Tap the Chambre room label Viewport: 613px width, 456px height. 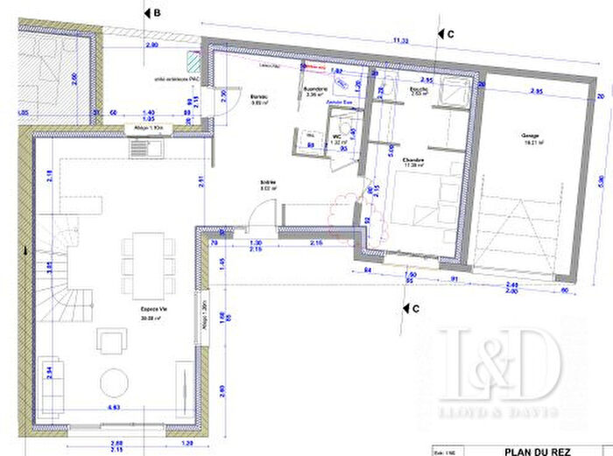click(x=413, y=160)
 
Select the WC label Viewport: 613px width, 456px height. click(x=336, y=137)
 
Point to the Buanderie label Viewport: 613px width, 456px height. click(x=315, y=90)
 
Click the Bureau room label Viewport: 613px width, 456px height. click(x=257, y=97)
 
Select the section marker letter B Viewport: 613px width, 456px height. click(x=156, y=13)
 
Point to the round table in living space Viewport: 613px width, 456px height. click(x=114, y=382)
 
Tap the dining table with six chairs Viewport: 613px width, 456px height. click(x=141, y=260)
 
